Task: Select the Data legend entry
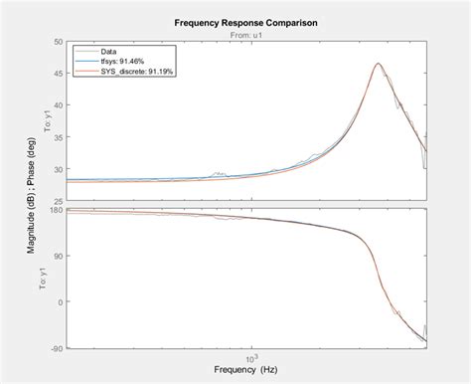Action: point(110,50)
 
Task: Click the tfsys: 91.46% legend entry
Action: point(120,59)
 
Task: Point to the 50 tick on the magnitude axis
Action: point(59,42)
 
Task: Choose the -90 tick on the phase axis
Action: point(58,347)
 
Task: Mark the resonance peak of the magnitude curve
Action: point(379,64)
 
